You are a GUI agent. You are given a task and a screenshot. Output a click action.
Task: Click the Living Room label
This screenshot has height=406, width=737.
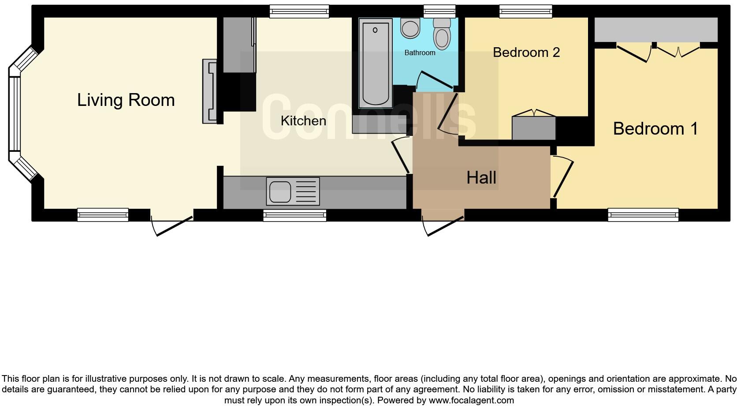(x=126, y=100)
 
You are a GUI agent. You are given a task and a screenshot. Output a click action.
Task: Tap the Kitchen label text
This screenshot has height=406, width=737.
(x=303, y=121)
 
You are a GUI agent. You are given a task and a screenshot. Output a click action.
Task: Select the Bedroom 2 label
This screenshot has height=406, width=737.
(x=526, y=53)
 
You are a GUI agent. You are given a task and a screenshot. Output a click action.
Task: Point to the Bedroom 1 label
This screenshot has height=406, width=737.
(x=655, y=128)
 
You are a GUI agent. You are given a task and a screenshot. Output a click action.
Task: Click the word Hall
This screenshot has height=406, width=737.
(x=481, y=178)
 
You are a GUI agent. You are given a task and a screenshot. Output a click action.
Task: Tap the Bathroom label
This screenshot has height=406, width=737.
(x=420, y=53)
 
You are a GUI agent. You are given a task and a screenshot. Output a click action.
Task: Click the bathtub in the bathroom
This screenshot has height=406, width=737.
(x=376, y=63)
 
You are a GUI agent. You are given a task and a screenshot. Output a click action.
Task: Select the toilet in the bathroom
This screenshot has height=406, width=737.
(x=442, y=34)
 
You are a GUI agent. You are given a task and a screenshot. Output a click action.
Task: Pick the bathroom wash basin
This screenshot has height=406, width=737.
(x=410, y=28)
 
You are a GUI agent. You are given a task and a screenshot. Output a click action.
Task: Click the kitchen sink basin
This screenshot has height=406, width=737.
(x=280, y=192)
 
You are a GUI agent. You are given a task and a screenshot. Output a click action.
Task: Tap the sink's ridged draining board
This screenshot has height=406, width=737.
(x=308, y=192)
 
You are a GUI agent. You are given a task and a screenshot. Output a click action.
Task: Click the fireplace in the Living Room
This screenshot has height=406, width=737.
(x=210, y=91)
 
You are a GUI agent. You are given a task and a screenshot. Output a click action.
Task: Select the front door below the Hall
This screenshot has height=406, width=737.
(x=443, y=226)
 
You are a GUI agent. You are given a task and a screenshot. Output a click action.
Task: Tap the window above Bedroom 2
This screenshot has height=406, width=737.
(x=526, y=11)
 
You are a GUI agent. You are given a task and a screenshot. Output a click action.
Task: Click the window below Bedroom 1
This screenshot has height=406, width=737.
(x=643, y=214)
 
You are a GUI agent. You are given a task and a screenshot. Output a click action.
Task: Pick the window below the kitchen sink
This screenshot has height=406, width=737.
(x=295, y=215)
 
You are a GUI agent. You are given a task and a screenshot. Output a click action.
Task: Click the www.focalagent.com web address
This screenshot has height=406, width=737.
(x=471, y=400)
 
